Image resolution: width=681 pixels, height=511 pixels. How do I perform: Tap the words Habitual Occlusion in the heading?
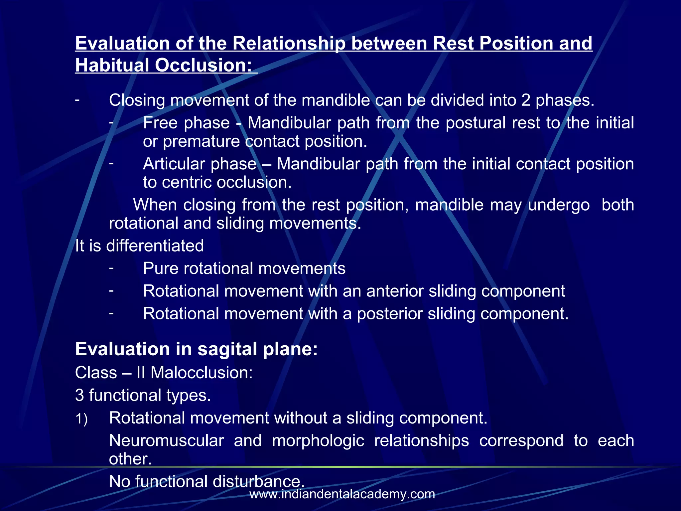163,65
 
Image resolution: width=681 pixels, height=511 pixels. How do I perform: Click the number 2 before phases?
525,100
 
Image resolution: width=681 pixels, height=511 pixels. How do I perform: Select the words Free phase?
186,123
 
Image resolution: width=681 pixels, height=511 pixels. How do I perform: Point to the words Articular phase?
200,164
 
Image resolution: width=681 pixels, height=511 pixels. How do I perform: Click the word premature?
201,142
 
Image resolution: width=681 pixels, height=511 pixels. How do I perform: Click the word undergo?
559,205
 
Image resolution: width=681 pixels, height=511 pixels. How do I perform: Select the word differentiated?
155,246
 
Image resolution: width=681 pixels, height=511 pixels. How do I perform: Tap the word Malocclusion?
202,373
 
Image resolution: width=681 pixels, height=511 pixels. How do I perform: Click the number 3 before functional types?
79,396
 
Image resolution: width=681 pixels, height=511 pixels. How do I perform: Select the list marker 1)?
81,419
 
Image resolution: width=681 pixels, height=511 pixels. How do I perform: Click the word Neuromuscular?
166,441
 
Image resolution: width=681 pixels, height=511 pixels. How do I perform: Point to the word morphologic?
318,441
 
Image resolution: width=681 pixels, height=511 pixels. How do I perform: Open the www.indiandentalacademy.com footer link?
342,494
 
